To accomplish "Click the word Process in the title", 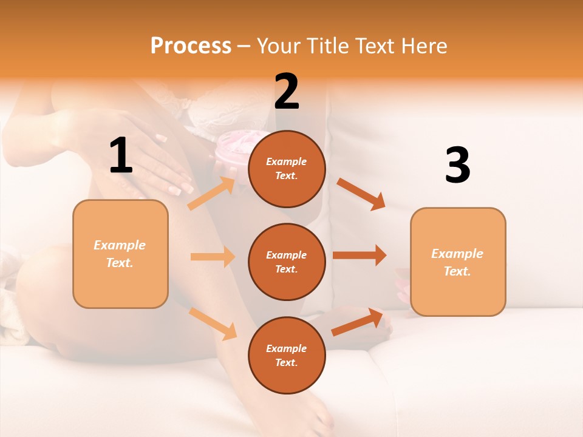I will tap(191, 46).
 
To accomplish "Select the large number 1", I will tap(121, 156).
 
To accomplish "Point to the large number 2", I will tap(287, 91).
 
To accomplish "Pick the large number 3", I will tap(457, 166).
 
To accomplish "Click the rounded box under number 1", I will tap(120, 254).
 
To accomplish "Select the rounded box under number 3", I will tap(458, 262).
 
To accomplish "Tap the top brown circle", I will tap(287, 169).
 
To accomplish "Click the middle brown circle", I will tap(287, 262).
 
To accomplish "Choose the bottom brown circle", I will tap(287, 355).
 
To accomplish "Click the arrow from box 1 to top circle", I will tap(211, 194).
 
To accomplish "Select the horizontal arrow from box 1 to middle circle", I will tap(213, 257).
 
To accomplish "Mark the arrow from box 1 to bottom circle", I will tap(213, 324).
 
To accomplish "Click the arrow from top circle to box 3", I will tap(361, 194).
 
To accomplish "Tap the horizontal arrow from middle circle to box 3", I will tap(360, 255).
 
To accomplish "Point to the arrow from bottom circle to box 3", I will tap(358, 322).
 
